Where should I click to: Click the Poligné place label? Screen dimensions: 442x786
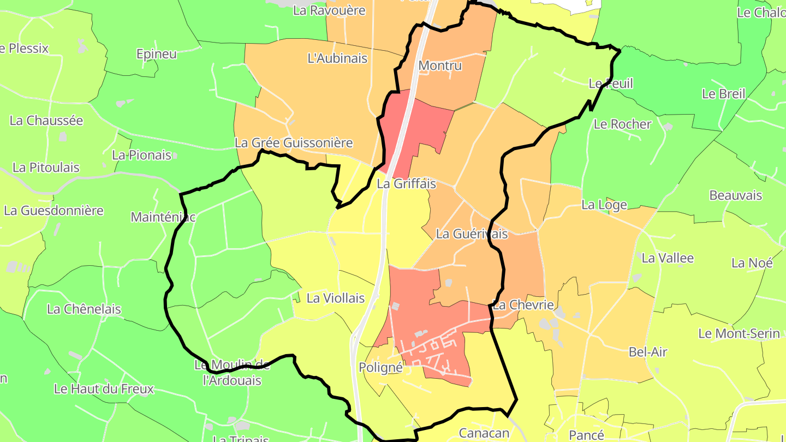coord(380,368)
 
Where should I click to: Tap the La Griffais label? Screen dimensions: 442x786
coord(406,184)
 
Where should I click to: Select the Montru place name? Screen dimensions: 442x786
coord(440,66)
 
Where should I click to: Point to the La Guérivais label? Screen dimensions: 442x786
coord(472,234)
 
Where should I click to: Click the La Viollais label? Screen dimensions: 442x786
coord(336,298)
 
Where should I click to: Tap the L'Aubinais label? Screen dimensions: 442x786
coord(338,58)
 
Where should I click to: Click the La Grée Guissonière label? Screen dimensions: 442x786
coord(294,143)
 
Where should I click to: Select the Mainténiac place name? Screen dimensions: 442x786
coord(163,217)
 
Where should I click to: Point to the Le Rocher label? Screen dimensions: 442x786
coord(622,124)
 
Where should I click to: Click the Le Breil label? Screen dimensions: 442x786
coord(723,94)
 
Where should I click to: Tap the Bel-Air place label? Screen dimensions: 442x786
coord(648,352)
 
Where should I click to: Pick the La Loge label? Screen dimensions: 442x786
coord(604,205)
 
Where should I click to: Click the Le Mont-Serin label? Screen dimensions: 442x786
coord(739,333)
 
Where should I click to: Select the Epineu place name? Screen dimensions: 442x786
coord(157,54)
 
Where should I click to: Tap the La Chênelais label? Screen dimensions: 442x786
coord(84,309)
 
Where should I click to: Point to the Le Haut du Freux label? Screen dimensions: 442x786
coord(104,389)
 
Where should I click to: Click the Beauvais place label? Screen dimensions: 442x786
coord(736,195)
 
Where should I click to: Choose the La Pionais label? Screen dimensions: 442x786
coord(141,155)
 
